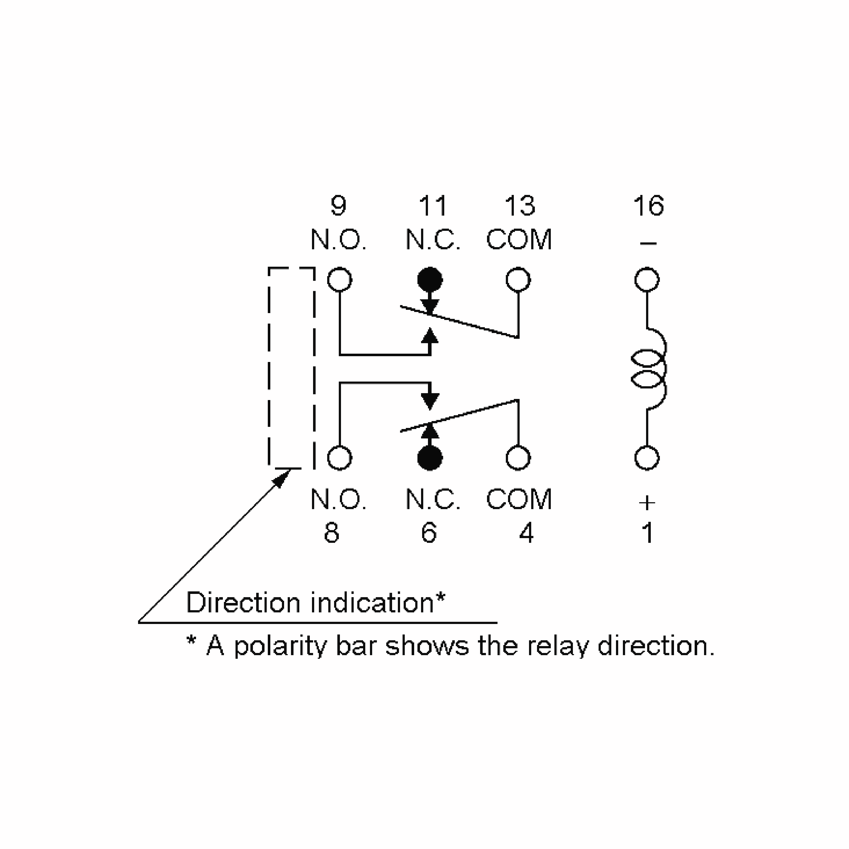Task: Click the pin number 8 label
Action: pos(331,533)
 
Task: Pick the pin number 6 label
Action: pos(429,533)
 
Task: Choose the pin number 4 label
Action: pos(526,533)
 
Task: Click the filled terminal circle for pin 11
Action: pos(430,279)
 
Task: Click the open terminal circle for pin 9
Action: pos(340,268)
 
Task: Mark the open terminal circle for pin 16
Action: pos(647,268)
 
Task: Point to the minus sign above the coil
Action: pos(648,243)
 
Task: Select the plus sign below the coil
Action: pos(647,503)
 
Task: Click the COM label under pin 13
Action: pos(519,240)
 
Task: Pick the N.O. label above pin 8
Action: pos(339,499)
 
